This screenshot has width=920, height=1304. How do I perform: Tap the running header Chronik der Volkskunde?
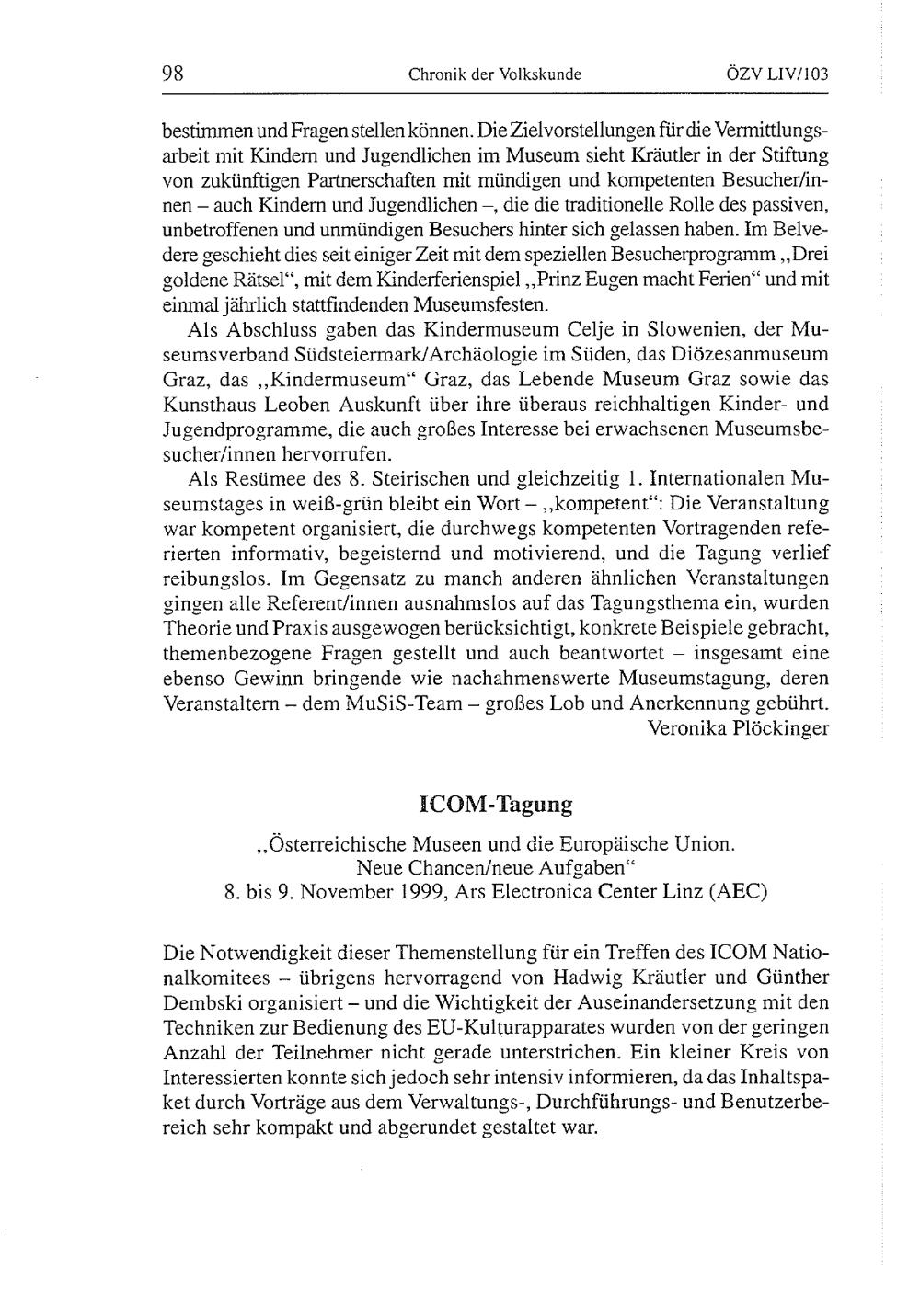coord(495,75)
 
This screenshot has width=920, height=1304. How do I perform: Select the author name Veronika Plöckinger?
coord(738,728)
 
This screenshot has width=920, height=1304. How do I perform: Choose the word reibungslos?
coord(215,579)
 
